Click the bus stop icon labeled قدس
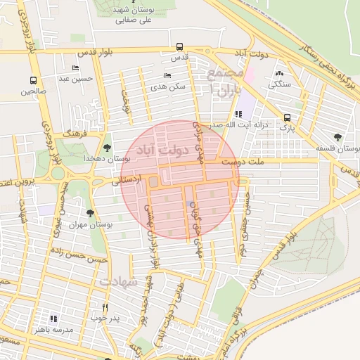180,48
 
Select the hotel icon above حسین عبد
75,68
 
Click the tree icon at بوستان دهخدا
106,148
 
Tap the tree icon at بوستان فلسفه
338,137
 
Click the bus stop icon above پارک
287,117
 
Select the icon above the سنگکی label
280,73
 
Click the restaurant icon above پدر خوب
105,307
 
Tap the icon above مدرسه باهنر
53,319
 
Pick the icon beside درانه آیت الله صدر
239,113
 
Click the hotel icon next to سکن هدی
167,75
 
